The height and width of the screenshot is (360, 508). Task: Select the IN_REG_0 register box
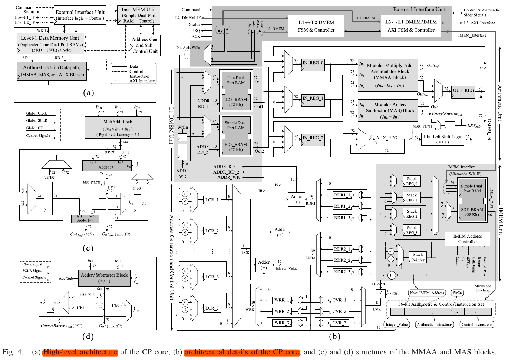tap(313, 63)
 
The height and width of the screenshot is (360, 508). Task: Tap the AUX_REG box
tap(386, 138)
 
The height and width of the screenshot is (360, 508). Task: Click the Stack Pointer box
tap(418, 257)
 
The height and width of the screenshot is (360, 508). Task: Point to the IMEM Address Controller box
tap(467, 239)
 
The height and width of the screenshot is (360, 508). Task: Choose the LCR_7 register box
tap(212, 308)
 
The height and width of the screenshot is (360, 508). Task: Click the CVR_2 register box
tap(339, 312)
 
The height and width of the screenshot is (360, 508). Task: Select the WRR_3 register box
tap(281, 323)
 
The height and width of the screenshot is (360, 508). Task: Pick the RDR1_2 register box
tap(342, 206)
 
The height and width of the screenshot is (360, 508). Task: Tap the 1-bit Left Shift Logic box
tap(443, 139)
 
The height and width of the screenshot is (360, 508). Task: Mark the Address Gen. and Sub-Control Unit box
tap(145, 45)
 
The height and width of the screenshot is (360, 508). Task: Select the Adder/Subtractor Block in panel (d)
tap(104, 278)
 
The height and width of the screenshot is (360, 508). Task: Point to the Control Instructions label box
tap(476, 325)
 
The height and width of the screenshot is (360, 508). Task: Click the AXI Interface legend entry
tap(142, 81)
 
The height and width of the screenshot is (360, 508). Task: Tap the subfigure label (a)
tap(88, 92)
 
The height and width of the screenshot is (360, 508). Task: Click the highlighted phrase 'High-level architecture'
tap(80, 352)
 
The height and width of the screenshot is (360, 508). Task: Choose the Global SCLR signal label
tap(37, 120)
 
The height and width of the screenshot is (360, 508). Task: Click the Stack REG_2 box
tap(412, 214)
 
